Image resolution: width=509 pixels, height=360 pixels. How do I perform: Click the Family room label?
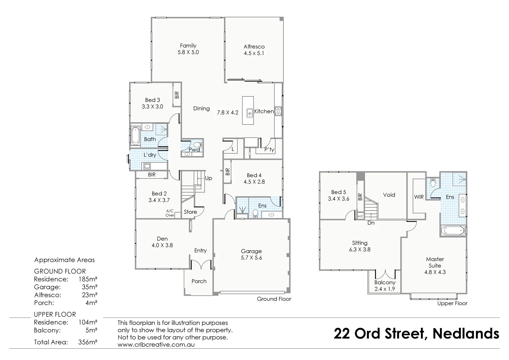[188, 46]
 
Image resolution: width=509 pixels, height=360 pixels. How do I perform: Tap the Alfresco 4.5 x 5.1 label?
[254, 50]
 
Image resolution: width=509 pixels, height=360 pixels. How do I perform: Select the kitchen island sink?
[249, 113]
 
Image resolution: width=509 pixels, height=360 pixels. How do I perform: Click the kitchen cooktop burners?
[278, 111]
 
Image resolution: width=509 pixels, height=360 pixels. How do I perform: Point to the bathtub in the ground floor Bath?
[135, 136]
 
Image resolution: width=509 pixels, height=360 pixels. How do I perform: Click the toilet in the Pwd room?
[198, 145]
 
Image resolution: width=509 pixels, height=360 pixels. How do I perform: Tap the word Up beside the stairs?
[209, 178]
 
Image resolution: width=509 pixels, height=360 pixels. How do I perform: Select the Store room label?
[190, 212]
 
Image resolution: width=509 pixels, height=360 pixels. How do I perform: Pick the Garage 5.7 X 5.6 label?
[251, 254]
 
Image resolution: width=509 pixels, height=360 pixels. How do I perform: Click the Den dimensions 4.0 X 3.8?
[162, 245]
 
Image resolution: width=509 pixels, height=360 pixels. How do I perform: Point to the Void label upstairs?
[389, 195]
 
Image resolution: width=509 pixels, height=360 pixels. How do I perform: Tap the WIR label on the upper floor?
[419, 197]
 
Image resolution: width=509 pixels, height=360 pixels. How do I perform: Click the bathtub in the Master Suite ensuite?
[453, 230]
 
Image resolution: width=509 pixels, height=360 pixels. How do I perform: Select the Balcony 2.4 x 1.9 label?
[385, 286]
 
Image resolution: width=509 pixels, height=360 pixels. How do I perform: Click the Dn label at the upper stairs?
[371, 223]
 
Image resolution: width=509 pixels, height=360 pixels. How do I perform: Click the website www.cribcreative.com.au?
[156, 344]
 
